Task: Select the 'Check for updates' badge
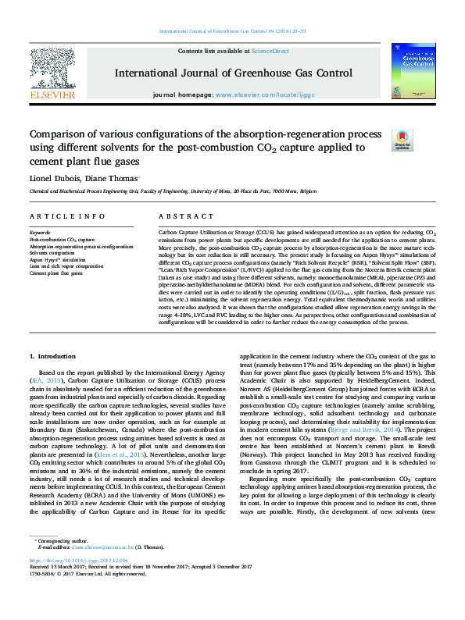[423, 141]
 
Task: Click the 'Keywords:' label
[40, 233]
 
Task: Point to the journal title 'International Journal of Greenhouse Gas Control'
[232, 74]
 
